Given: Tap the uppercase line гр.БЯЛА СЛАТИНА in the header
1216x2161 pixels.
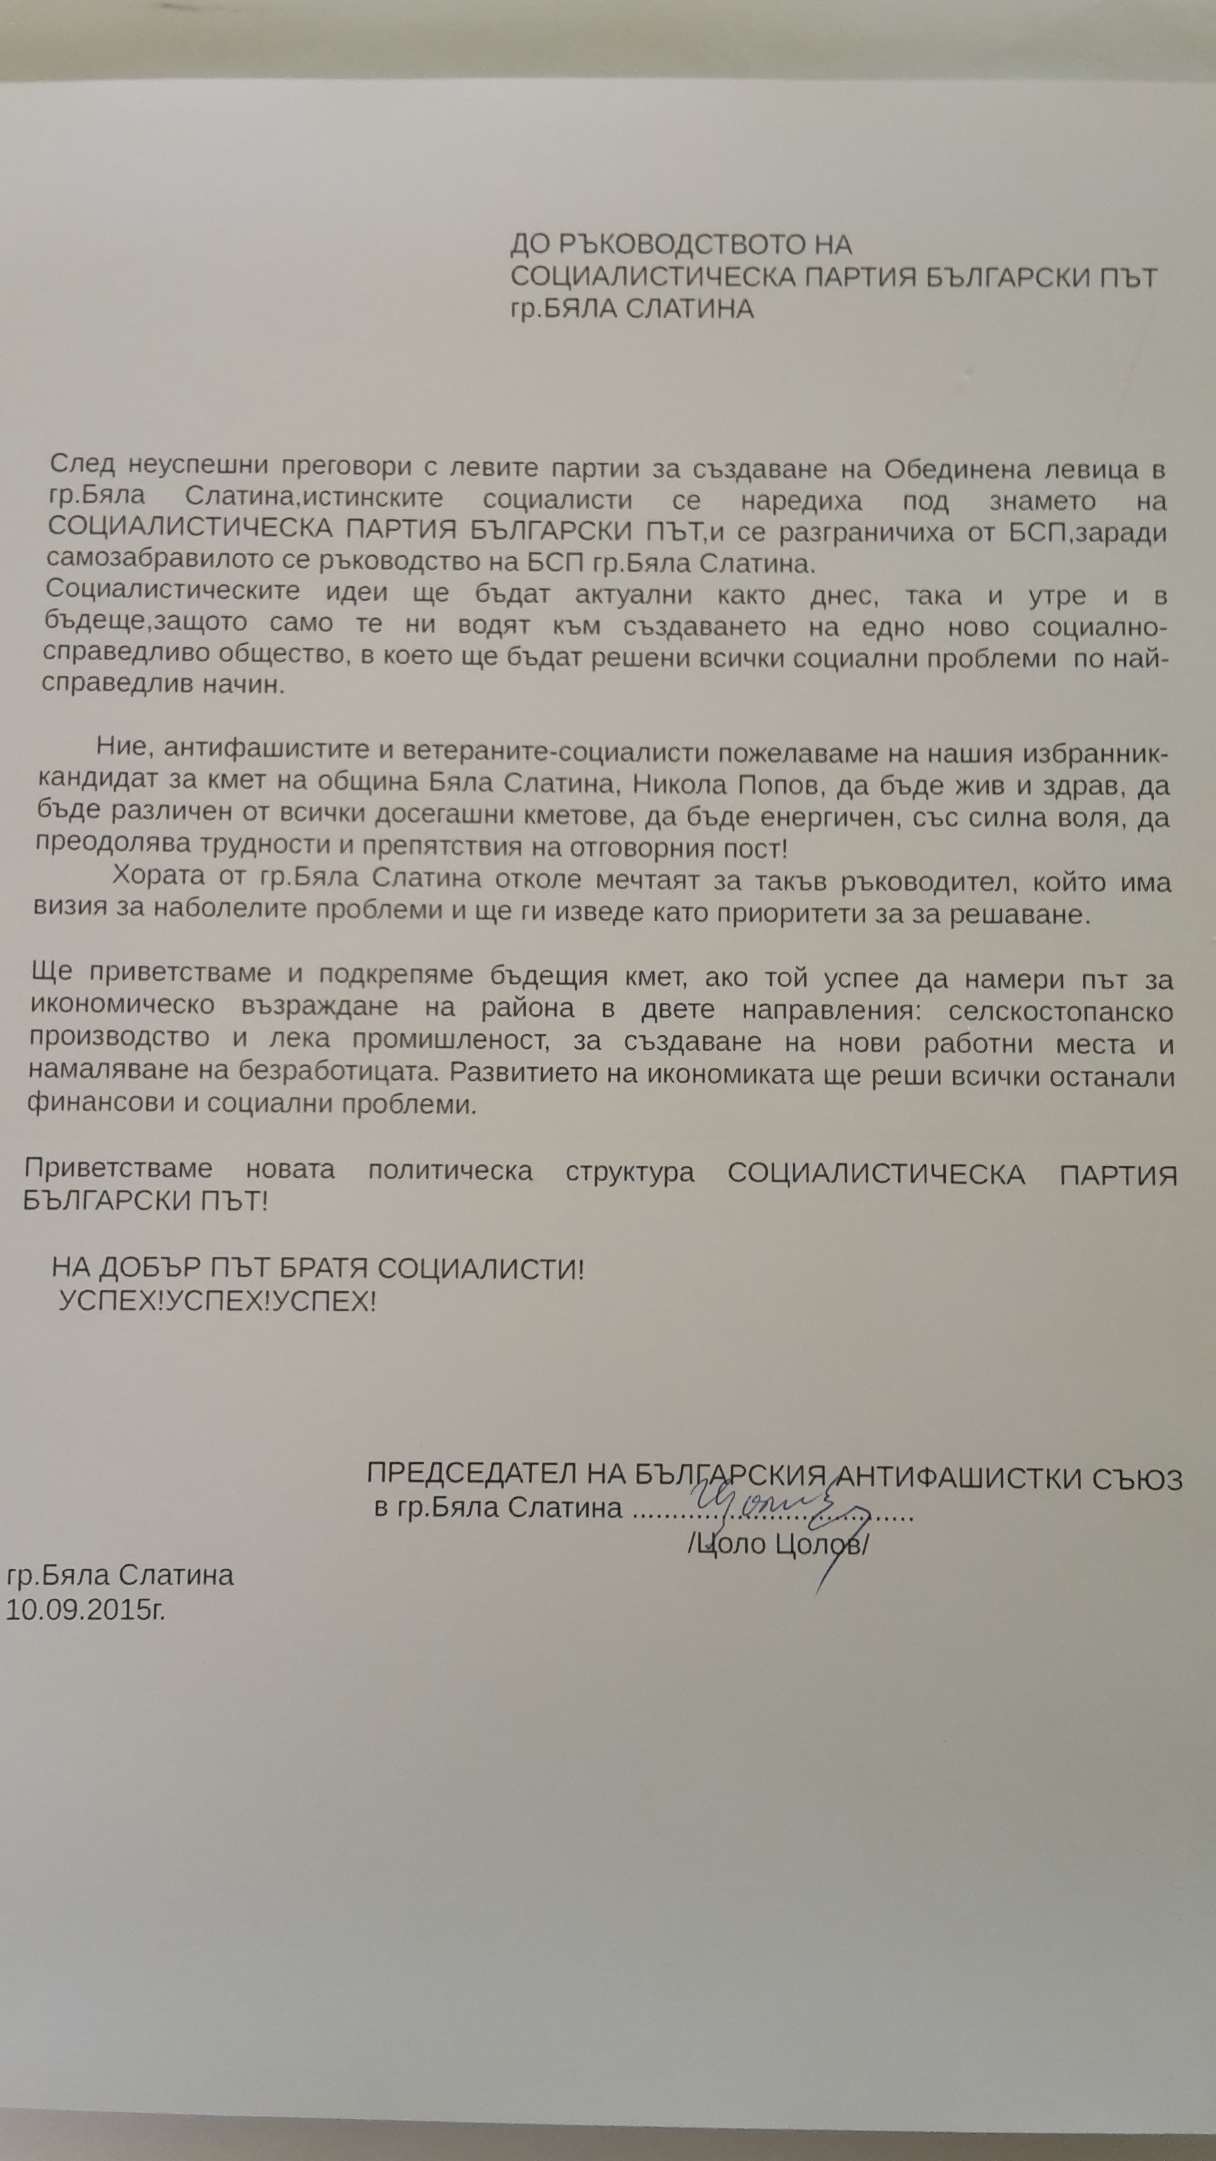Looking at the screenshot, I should coord(632,310).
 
